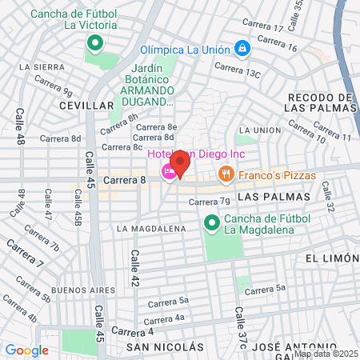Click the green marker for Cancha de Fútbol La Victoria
click(x=94, y=43)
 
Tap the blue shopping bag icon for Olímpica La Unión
click(x=242, y=50)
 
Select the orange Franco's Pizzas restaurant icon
click(x=226, y=174)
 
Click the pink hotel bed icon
click(x=169, y=171)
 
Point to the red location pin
click(x=180, y=162)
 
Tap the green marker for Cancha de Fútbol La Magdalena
click(x=212, y=222)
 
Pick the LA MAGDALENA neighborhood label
click(x=151, y=229)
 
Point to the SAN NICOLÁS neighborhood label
click(x=165, y=347)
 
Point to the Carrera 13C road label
click(x=242, y=73)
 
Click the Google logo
click(x=26, y=350)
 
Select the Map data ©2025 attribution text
click(x=325, y=354)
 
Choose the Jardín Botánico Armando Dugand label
click(x=149, y=88)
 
